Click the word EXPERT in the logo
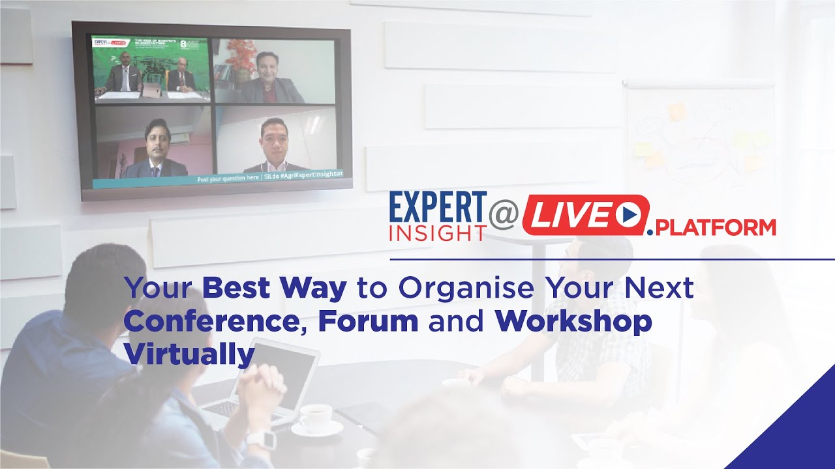(438, 208)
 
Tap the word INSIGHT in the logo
(438, 233)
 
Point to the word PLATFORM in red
(715, 227)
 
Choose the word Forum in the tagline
(368, 322)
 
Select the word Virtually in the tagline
(189, 355)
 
